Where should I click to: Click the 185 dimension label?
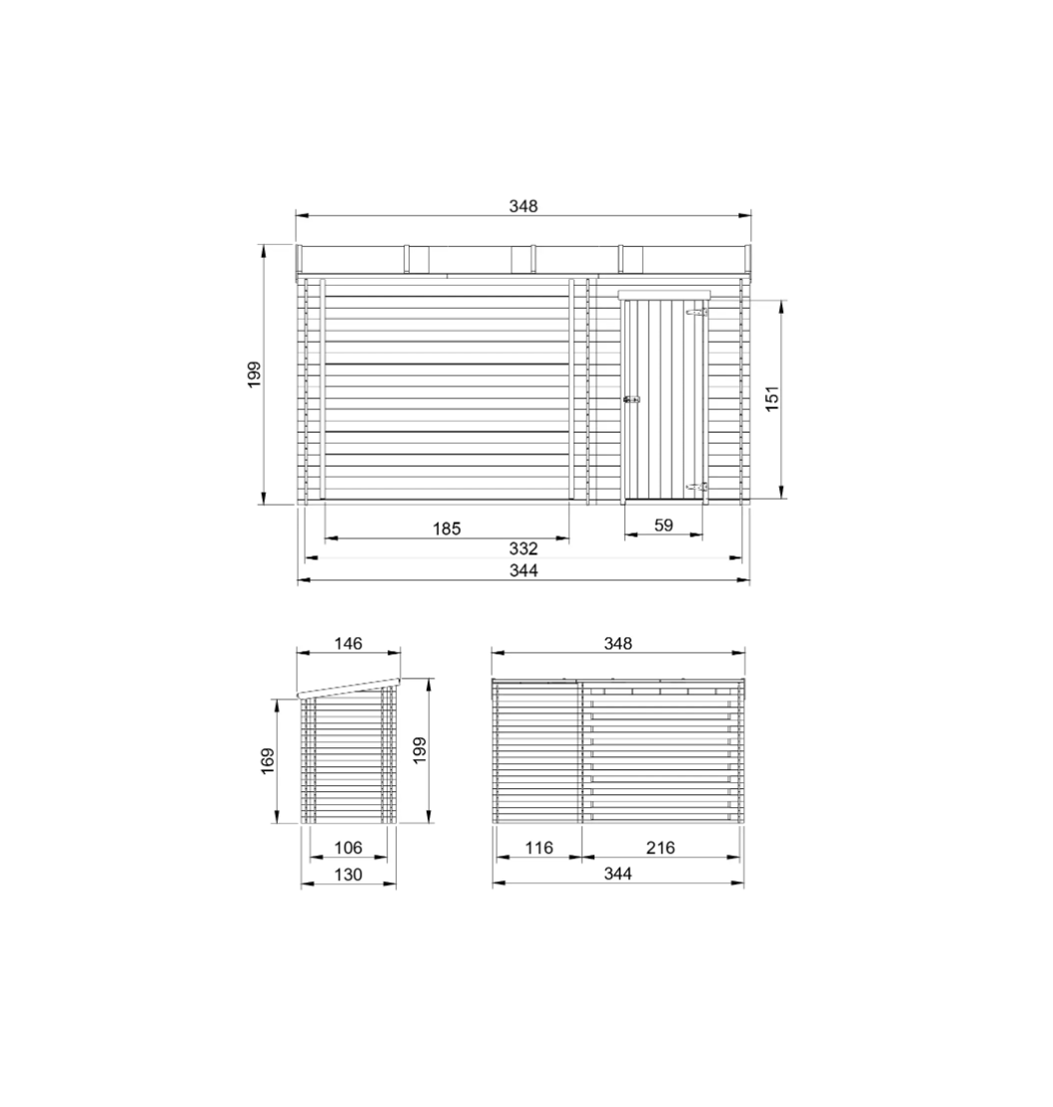tap(447, 529)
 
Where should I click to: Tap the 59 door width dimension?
tap(663, 525)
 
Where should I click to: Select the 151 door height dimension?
tap(772, 399)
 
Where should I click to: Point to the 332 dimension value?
tap(523, 549)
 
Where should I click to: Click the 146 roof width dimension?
tap(348, 643)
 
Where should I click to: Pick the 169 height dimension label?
tap(268, 761)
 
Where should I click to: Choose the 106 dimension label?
tap(348, 847)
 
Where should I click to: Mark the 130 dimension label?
tap(348, 874)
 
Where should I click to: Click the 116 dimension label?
tap(538, 847)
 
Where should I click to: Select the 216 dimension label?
tap(660, 847)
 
